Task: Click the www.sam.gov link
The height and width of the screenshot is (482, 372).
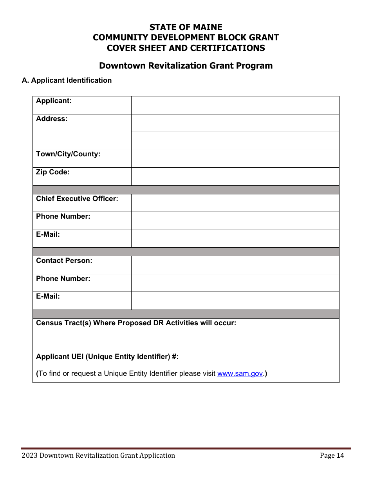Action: [x=240, y=373]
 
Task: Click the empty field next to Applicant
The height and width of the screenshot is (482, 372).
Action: [x=235, y=105]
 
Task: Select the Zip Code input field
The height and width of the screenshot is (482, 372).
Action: [x=235, y=176]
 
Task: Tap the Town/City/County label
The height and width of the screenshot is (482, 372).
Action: [x=68, y=154]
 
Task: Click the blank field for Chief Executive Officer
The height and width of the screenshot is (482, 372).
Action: [x=235, y=203]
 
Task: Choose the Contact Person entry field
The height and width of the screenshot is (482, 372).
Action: [x=235, y=265]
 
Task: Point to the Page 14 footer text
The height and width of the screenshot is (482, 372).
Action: [x=332, y=455]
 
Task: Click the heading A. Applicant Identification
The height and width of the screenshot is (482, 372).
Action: [x=67, y=80]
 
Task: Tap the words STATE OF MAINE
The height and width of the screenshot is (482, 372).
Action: [x=186, y=27]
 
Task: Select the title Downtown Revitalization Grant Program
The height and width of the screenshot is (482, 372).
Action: [x=186, y=65]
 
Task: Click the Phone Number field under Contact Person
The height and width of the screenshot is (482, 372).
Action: [x=235, y=283]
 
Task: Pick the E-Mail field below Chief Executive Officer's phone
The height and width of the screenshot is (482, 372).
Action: [x=235, y=238]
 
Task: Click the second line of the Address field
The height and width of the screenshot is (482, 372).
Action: [x=235, y=141]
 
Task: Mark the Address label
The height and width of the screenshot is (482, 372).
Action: [x=52, y=119]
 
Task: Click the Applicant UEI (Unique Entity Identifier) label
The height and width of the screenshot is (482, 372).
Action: [x=107, y=357]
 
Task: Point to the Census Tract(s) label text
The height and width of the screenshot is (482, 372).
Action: [x=136, y=323]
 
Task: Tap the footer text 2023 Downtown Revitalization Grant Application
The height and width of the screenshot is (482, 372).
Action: [x=98, y=455]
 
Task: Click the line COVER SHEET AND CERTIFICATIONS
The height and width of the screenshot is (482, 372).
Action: [x=186, y=48]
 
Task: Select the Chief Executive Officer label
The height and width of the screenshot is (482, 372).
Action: [x=77, y=199]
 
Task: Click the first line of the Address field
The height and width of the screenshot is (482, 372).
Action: [x=235, y=123]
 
